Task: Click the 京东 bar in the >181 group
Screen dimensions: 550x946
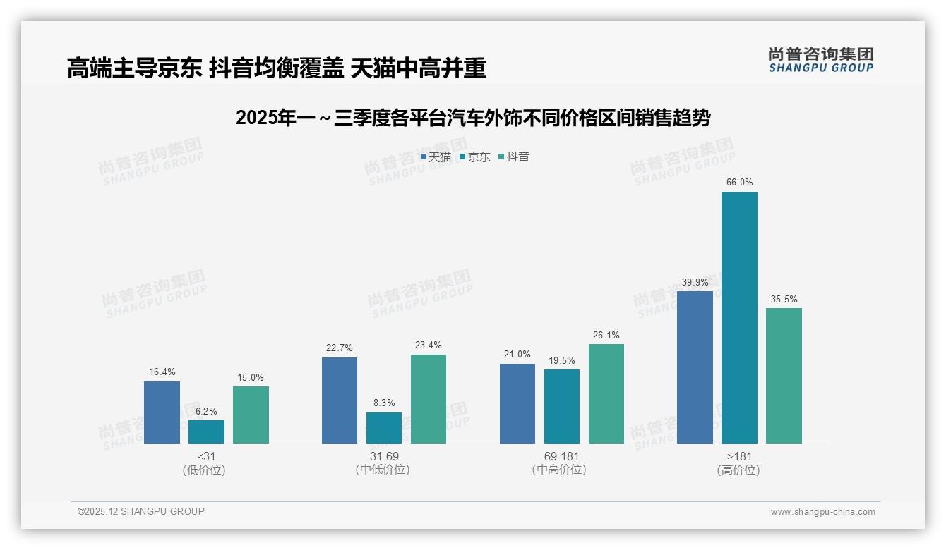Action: click(x=739, y=317)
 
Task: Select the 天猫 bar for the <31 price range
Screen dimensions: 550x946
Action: click(x=162, y=412)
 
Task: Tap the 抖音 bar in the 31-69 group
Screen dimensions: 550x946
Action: click(x=429, y=399)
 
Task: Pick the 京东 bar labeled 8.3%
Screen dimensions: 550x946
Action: click(x=384, y=428)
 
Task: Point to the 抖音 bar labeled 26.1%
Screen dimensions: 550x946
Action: click(x=606, y=393)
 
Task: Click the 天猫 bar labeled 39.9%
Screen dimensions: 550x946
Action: click(x=695, y=367)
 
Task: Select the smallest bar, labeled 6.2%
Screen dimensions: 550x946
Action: click(x=206, y=432)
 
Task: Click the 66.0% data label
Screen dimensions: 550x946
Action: click(x=739, y=182)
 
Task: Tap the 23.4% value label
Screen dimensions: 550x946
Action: click(x=429, y=345)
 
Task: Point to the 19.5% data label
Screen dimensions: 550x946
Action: click(x=562, y=360)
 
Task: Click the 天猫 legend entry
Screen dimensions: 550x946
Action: click(x=436, y=157)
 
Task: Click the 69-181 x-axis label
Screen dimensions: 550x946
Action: click(x=561, y=456)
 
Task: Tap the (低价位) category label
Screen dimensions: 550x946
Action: click(x=204, y=470)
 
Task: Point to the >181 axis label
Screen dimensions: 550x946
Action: click(x=738, y=456)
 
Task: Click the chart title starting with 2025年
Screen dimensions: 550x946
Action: click(x=472, y=118)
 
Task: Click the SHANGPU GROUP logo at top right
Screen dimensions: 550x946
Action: click(x=820, y=59)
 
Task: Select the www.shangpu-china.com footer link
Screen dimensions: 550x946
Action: click(x=822, y=512)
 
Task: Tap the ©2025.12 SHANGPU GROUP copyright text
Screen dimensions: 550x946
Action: click(x=141, y=511)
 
